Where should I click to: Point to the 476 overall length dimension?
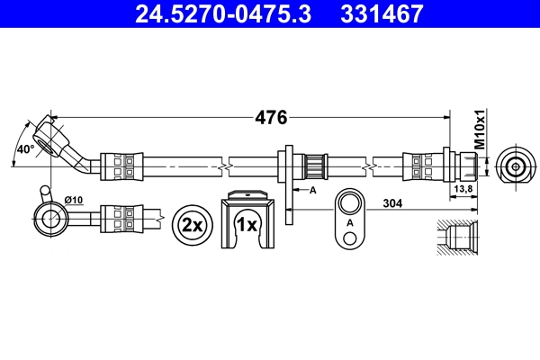(271, 117)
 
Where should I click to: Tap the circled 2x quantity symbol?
(190, 223)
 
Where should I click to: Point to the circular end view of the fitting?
(515, 166)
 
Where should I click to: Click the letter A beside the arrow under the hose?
(312, 191)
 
